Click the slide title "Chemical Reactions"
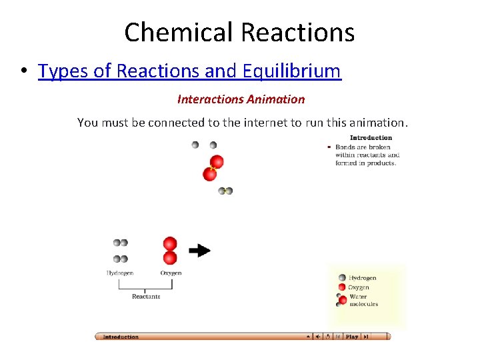239,31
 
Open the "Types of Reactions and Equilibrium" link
189,71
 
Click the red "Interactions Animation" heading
241,99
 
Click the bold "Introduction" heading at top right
371,138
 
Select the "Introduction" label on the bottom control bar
121,337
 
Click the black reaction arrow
199,250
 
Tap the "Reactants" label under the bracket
146,296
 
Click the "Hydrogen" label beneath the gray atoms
120,273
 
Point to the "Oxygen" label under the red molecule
171,273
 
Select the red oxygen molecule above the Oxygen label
170,250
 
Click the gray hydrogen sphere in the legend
342,278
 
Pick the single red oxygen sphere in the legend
342,287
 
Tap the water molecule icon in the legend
342,300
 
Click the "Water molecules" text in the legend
363,300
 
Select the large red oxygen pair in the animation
213,168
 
